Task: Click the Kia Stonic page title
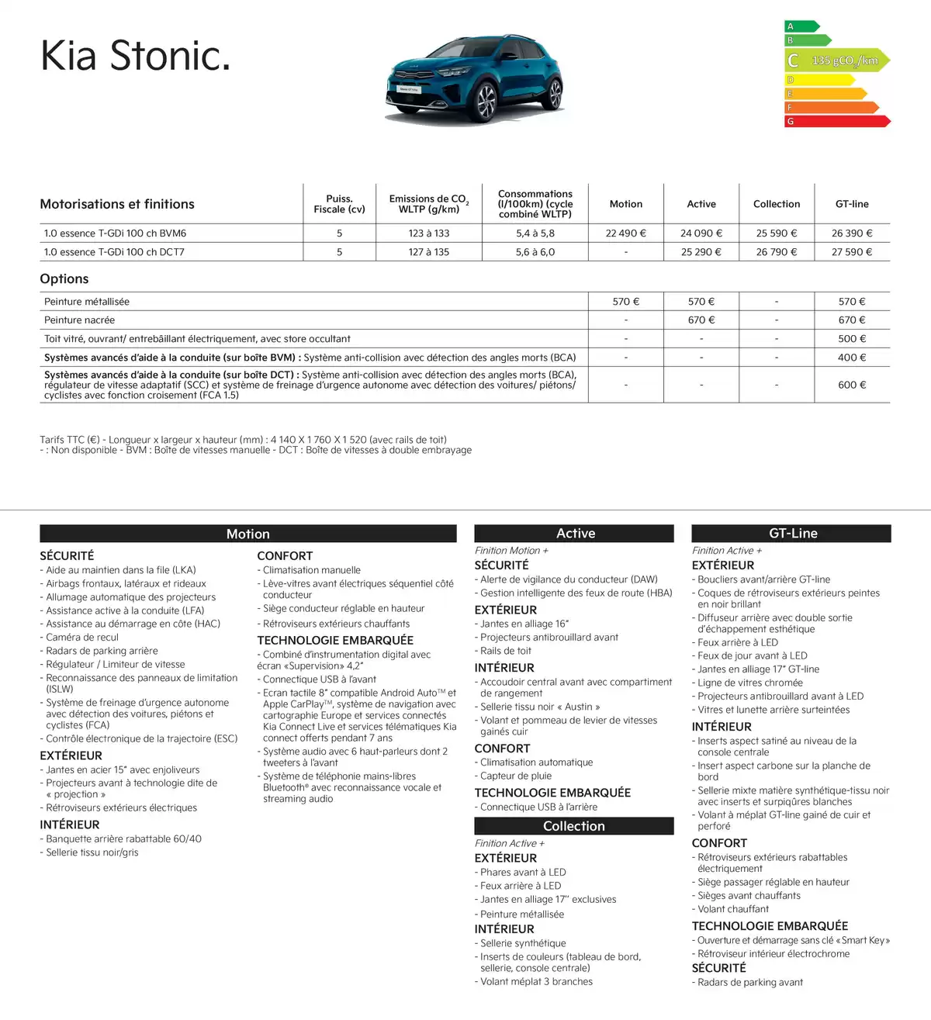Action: (x=136, y=57)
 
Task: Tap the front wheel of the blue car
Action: (x=487, y=102)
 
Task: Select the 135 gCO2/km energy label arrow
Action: (x=838, y=61)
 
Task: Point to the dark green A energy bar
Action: (x=801, y=26)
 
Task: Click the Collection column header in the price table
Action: (x=777, y=204)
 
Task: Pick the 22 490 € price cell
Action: (x=626, y=233)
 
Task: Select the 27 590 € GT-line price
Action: (x=852, y=252)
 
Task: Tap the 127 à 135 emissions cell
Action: (x=429, y=252)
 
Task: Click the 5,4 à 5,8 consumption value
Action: (x=535, y=233)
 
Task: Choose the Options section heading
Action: (x=64, y=279)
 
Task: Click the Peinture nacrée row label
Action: (x=80, y=320)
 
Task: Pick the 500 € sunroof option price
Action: (x=852, y=339)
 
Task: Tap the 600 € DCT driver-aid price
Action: (x=852, y=385)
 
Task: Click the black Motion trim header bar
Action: (x=248, y=534)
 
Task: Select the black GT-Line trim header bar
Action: (x=792, y=534)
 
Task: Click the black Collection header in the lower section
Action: (x=574, y=826)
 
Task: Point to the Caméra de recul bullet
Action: (x=82, y=638)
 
